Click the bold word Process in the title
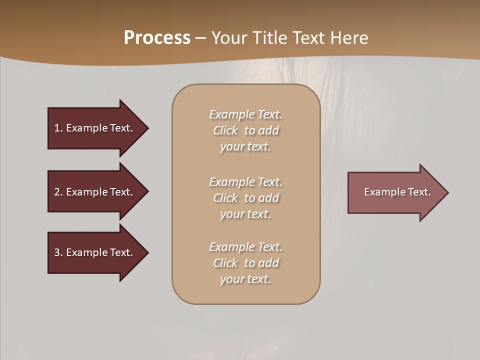click(x=157, y=38)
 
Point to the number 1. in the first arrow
click(x=58, y=128)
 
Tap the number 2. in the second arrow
click(x=58, y=192)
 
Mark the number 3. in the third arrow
click(x=58, y=252)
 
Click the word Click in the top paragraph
click(x=225, y=130)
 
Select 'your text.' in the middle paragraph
click(x=245, y=214)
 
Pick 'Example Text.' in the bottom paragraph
click(x=245, y=247)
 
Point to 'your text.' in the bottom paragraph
click(x=245, y=279)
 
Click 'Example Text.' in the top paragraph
click(x=245, y=114)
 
